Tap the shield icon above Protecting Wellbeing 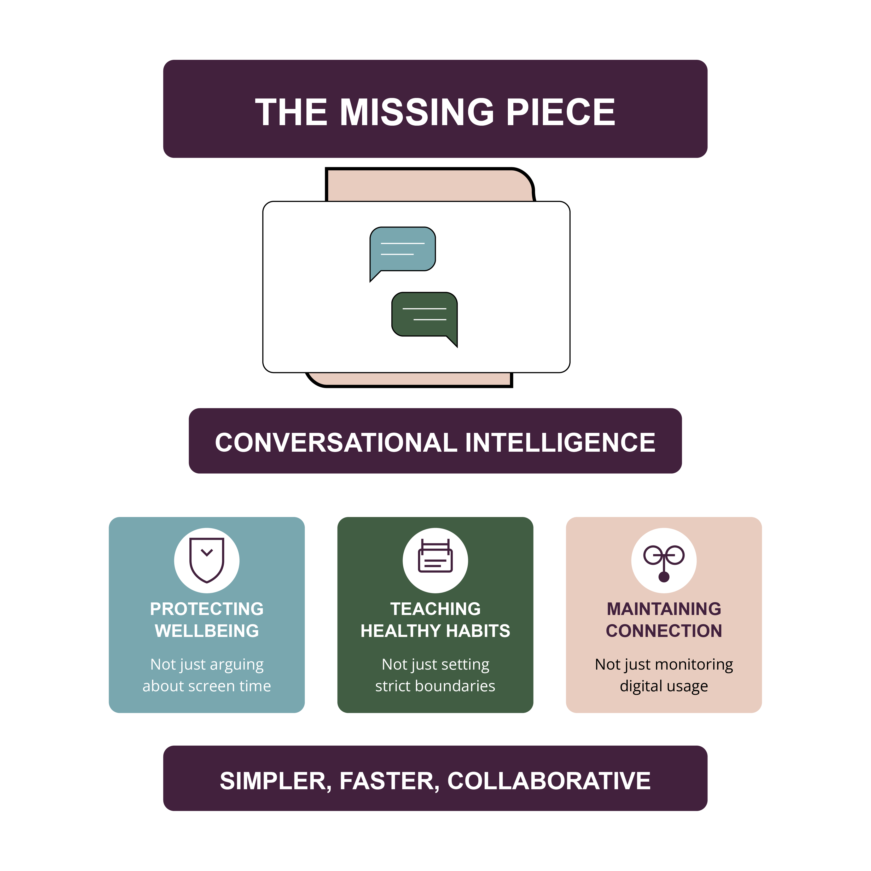[206, 560]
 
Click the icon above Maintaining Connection [664, 561]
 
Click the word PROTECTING [206, 609]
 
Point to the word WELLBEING [206, 631]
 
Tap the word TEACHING [435, 609]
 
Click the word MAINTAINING [664, 609]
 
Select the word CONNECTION [664, 631]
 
